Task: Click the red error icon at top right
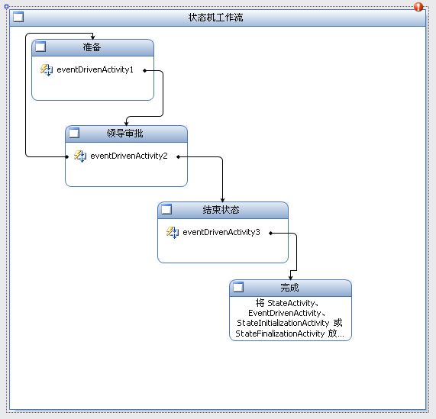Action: (x=418, y=7)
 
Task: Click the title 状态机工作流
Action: (x=215, y=18)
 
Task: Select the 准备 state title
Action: (x=92, y=47)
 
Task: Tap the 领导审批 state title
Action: (x=125, y=134)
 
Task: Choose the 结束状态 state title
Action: (x=221, y=210)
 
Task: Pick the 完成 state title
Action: (x=289, y=288)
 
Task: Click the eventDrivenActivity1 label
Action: (x=95, y=69)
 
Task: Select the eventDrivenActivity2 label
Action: (x=129, y=156)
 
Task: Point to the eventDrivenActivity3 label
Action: (x=221, y=232)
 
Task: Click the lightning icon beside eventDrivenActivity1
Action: (x=47, y=69)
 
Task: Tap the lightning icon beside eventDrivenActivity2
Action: (x=80, y=156)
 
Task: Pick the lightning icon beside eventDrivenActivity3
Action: (x=173, y=232)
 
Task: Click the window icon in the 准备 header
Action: (x=40, y=47)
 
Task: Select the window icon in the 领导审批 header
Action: (x=74, y=133)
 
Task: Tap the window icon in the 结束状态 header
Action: (x=166, y=209)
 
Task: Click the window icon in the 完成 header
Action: (x=238, y=287)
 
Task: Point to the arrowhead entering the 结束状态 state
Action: (x=222, y=200)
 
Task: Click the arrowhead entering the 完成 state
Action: (x=291, y=278)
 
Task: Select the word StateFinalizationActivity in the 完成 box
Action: (x=280, y=334)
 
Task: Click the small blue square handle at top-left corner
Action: (x=6, y=6)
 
